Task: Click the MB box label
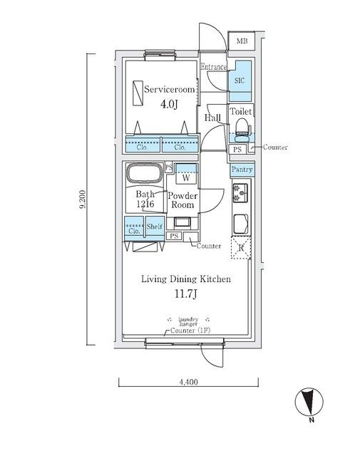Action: [x=242, y=41]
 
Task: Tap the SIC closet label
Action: [x=240, y=81]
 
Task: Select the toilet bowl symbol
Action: [x=242, y=130]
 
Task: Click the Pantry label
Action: [x=242, y=170]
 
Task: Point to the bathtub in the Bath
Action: [x=145, y=174]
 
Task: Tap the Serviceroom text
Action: [x=170, y=89]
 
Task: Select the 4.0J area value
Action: [x=169, y=104]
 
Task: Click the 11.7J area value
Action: [x=186, y=294]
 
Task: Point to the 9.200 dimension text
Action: [x=83, y=199]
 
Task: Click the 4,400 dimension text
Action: [x=188, y=382]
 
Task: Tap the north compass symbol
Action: [x=309, y=402]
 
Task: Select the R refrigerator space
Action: [x=241, y=248]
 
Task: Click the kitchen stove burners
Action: [x=240, y=193]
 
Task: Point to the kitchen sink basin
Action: [x=241, y=224]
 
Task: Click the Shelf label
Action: [x=155, y=227]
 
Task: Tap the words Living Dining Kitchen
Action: [x=186, y=279]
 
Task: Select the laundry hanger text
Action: [x=188, y=321]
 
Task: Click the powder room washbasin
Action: [x=182, y=222]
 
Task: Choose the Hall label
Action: [x=212, y=118]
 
